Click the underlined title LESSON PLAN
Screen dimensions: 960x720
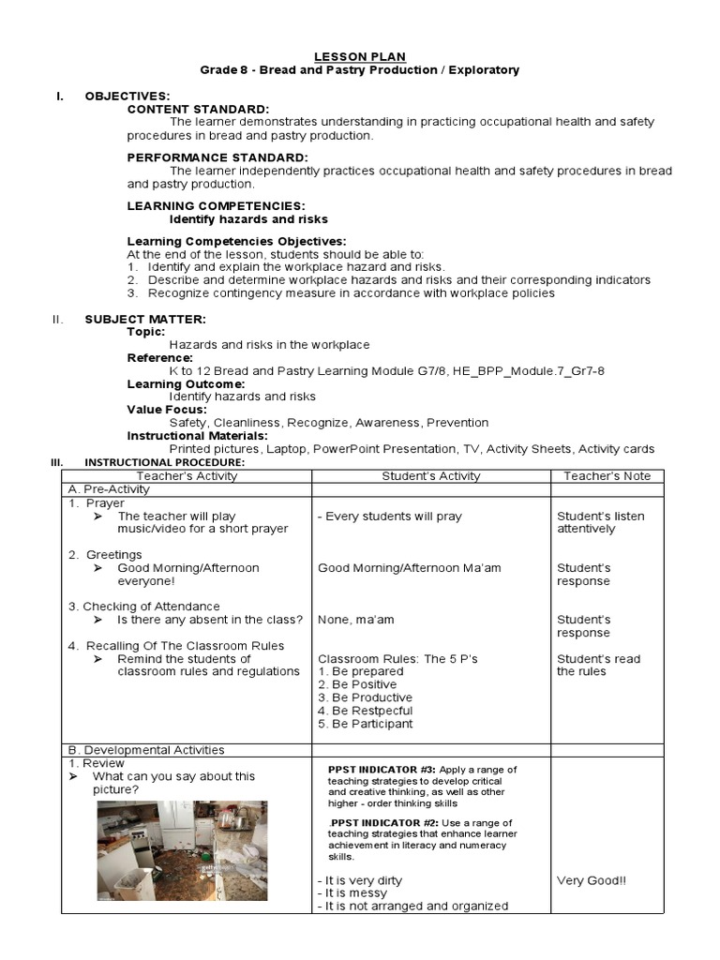(360, 56)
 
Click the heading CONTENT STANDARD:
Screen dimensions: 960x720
(198, 109)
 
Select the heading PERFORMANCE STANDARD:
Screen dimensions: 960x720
(217, 157)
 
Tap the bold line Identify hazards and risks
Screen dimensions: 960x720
(248, 218)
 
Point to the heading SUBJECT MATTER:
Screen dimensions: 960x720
(145, 319)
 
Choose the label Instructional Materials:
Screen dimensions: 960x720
(197, 435)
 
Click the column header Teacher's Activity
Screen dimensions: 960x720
(187, 476)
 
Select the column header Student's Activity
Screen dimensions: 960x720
(430, 476)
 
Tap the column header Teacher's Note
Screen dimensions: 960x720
(607, 476)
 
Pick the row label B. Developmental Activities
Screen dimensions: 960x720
(146, 750)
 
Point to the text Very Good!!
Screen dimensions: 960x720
(592, 880)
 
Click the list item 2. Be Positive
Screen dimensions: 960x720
(357, 684)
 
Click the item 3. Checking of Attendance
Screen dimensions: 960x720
(143, 607)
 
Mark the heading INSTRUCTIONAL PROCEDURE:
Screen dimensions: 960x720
(164, 462)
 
